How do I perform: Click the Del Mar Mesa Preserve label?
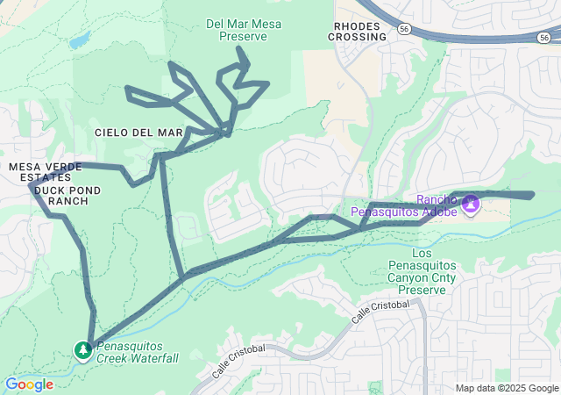point(245,30)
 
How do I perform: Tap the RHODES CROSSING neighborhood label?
point(357,32)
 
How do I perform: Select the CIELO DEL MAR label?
point(138,132)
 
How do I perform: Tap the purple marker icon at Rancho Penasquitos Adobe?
point(471,204)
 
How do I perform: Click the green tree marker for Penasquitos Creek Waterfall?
point(82,351)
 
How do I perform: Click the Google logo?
point(29,384)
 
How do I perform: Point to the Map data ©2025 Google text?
point(506,388)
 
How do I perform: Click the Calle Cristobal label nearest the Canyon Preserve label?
point(381,312)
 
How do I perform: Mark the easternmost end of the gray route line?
point(532,195)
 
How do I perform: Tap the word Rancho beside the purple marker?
point(437,199)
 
